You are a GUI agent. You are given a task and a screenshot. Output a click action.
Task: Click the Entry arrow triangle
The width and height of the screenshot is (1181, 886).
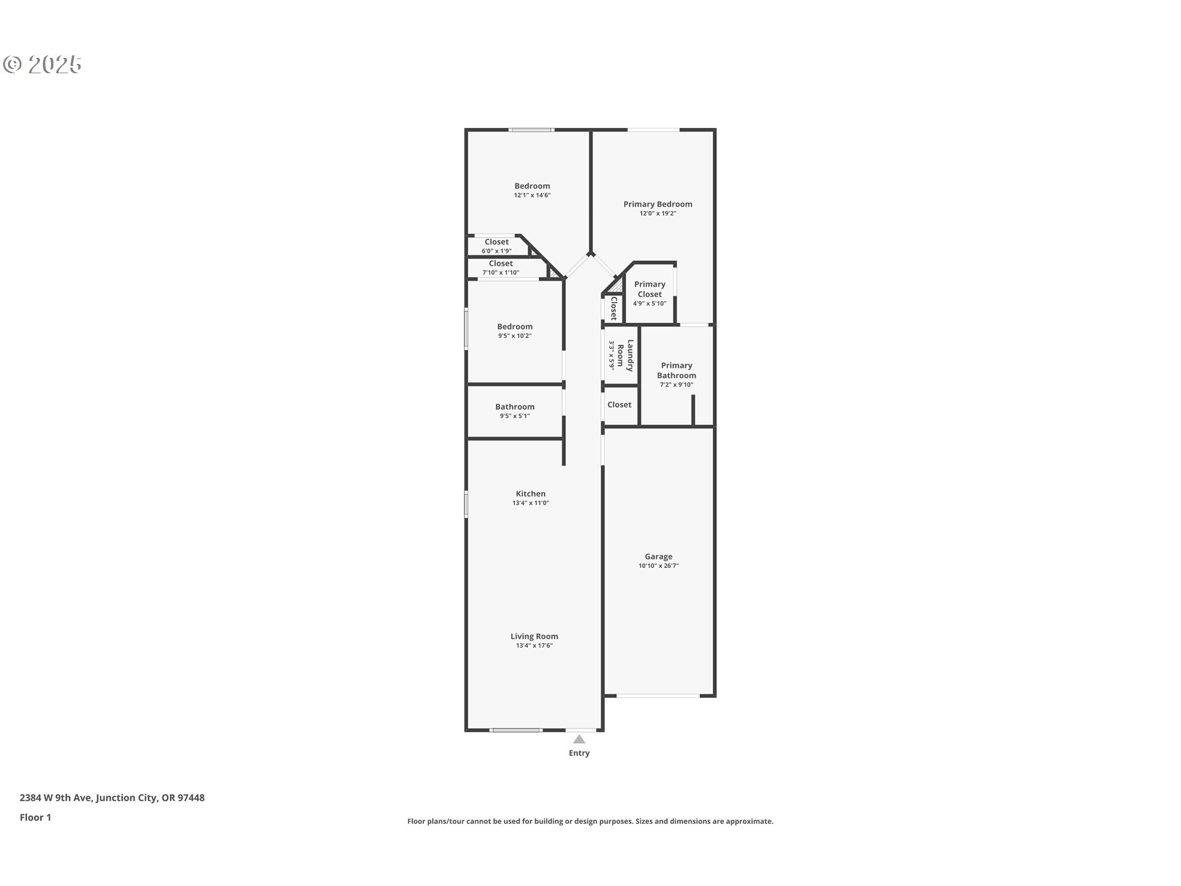579,739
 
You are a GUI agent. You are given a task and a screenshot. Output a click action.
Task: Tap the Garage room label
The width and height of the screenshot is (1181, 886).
658,556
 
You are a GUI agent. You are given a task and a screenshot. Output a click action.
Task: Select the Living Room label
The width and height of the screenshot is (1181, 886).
534,636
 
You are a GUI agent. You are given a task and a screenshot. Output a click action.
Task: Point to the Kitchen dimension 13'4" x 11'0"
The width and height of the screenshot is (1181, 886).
530,503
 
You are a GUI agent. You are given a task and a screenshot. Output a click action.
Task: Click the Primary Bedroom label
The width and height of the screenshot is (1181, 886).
658,204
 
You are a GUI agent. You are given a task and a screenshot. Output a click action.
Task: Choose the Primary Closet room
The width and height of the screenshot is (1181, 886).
650,293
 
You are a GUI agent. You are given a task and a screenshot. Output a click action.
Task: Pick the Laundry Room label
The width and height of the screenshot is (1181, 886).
625,356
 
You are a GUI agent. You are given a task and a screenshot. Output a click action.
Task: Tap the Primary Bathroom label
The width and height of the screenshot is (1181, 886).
676,370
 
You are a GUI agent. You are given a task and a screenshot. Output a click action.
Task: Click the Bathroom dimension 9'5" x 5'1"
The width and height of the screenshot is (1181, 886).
515,416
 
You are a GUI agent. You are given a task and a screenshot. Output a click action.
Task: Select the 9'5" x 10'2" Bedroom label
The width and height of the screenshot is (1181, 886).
515,327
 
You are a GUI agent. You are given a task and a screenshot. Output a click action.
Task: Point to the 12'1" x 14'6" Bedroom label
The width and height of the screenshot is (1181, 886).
532,186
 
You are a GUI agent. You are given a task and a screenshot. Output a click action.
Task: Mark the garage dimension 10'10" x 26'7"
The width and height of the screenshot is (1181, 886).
658,565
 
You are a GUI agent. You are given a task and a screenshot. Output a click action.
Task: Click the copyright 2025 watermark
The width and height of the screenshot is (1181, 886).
42,64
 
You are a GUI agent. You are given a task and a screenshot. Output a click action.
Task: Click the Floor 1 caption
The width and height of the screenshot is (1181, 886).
35,817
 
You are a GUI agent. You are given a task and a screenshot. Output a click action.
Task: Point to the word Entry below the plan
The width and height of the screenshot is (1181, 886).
579,752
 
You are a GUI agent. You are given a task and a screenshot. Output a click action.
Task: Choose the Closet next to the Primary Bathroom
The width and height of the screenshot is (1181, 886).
619,404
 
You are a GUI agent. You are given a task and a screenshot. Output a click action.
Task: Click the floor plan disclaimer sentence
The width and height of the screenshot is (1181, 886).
590,821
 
